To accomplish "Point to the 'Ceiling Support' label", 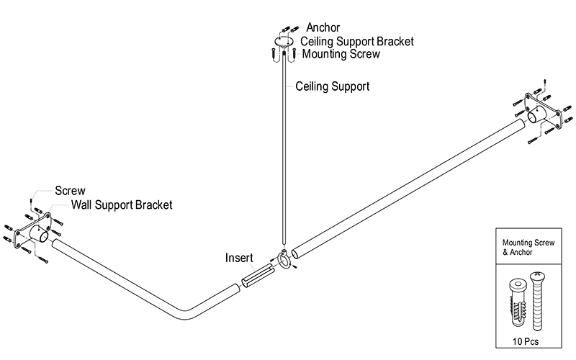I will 333,86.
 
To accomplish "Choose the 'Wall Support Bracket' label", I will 121,205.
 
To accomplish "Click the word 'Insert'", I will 239,257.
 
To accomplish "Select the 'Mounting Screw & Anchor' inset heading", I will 529,247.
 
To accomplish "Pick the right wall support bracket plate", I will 541,112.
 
